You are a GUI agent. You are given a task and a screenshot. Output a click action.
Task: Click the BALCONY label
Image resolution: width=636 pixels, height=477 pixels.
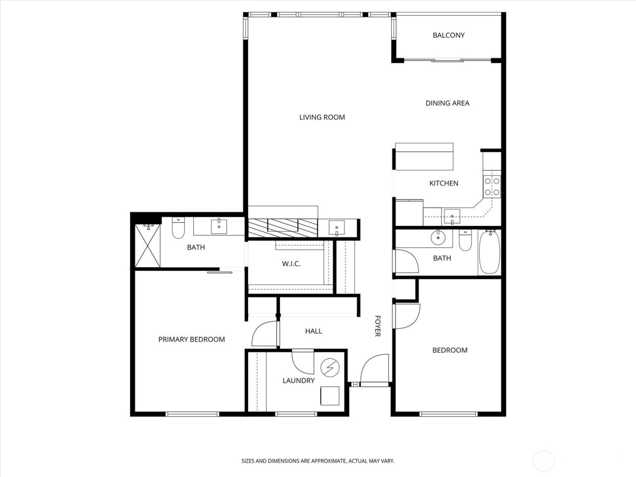tap(448, 35)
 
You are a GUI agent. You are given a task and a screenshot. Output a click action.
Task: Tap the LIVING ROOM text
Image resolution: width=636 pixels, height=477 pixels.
tap(322, 117)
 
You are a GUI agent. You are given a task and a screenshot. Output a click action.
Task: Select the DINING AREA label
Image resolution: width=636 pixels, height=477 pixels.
tap(447, 103)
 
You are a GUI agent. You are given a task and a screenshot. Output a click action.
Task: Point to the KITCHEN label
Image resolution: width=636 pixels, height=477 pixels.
tap(444, 183)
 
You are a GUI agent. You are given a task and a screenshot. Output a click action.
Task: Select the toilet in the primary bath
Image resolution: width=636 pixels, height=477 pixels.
tap(178, 229)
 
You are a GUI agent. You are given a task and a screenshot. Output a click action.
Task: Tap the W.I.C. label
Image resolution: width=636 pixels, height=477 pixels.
tap(291, 263)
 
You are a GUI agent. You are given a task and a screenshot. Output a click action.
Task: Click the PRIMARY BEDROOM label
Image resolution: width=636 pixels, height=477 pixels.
tap(191, 339)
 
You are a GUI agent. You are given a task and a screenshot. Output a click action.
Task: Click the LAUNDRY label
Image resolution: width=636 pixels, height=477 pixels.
tap(298, 381)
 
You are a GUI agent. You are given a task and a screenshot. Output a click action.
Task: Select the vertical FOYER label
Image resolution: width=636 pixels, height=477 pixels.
tap(377, 326)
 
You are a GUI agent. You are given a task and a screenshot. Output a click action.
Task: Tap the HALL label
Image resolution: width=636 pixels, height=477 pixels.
tap(313, 331)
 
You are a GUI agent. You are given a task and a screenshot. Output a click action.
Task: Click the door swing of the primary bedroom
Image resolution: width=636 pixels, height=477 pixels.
tap(263, 334)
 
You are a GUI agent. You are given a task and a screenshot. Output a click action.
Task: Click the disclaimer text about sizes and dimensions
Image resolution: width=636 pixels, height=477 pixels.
tap(318, 461)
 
